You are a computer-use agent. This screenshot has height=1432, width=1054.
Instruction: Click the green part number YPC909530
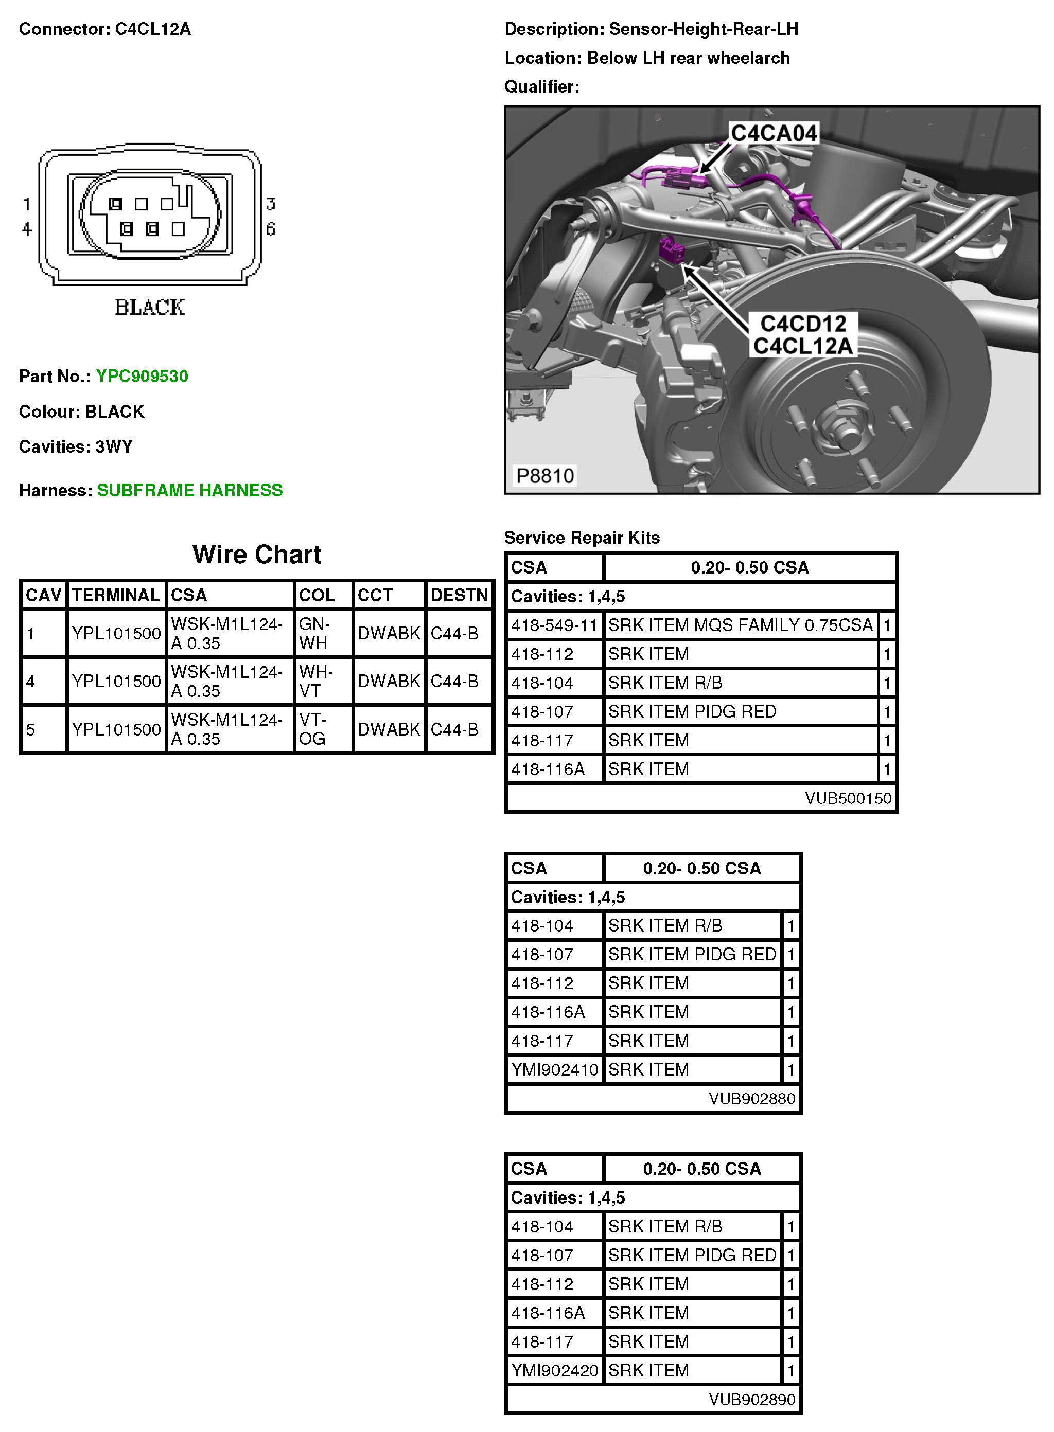142,376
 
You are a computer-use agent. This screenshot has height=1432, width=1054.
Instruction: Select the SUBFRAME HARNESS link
189,490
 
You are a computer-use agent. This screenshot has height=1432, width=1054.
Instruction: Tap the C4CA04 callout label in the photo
774,133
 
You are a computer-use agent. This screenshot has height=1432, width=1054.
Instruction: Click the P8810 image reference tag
545,476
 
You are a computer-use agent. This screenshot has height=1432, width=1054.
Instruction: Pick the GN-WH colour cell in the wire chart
314,633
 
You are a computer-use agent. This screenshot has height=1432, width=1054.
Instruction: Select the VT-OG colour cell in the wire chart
312,729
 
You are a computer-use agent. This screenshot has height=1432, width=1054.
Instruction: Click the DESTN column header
459,595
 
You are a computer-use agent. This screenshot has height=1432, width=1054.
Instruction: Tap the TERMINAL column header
115,595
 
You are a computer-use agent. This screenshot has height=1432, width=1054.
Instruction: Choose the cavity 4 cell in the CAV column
31,682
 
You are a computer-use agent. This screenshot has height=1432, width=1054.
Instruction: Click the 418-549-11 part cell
554,625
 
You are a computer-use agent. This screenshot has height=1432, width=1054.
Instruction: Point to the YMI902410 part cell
554,1069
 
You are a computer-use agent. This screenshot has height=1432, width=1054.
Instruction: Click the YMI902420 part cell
554,1370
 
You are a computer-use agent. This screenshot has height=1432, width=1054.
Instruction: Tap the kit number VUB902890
751,1400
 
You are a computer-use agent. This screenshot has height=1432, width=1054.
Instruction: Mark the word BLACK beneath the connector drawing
150,307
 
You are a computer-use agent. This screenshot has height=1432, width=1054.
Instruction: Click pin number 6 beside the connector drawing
271,229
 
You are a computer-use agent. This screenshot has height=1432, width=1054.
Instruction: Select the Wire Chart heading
256,554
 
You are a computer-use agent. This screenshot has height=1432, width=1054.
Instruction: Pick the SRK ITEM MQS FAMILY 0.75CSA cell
740,625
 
